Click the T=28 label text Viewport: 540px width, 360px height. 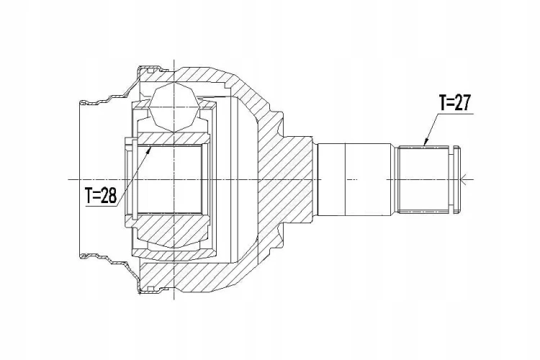[101, 195]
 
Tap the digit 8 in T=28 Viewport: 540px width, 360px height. [112, 196]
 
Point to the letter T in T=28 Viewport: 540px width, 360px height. [89, 196]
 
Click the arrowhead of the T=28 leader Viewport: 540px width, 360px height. [149, 150]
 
